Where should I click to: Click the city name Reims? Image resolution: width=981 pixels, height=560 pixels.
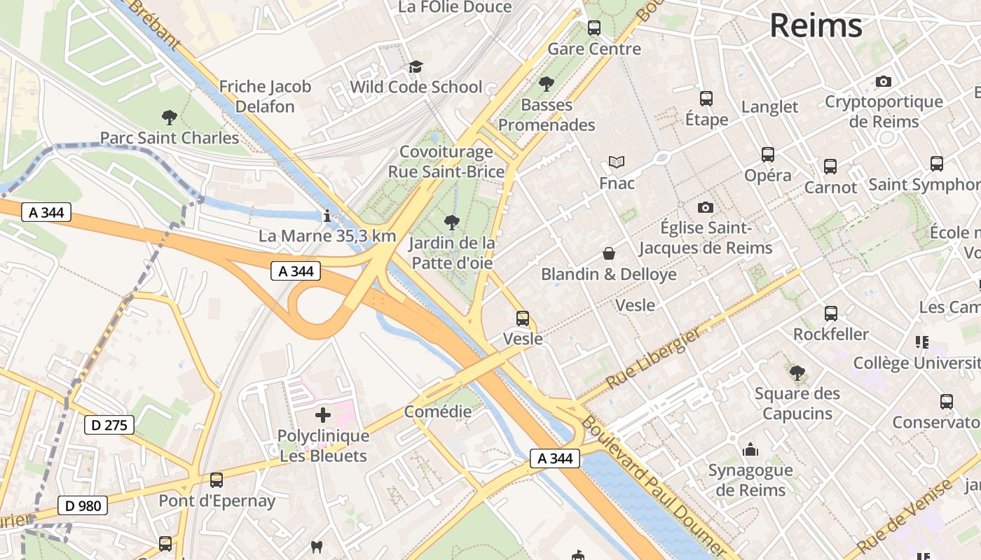[816, 25]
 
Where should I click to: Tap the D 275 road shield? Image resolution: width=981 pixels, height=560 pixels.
[109, 424]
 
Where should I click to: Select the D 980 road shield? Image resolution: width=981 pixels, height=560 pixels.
[82, 505]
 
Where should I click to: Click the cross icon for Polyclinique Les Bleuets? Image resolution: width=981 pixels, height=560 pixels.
[322, 415]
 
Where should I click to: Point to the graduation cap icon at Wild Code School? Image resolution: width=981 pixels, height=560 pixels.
[416, 66]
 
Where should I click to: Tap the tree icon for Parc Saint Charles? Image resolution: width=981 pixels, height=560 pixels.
[169, 117]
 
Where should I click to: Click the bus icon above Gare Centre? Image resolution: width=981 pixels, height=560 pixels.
[594, 28]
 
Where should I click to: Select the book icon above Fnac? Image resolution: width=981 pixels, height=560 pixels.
[617, 162]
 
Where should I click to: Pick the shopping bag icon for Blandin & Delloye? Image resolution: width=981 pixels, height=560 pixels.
[609, 253]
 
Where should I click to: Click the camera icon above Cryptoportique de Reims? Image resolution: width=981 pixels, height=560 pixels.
[884, 81]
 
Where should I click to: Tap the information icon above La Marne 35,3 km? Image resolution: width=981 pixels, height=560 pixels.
[327, 215]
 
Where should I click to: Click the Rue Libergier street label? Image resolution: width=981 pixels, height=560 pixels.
[653, 358]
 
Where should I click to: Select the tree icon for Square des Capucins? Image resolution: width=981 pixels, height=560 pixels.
[797, 372]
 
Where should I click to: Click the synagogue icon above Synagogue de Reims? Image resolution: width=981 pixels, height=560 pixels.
[750, 449]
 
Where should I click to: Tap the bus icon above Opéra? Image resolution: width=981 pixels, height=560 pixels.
[768, 155]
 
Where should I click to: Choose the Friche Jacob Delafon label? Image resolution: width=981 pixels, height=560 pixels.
[265, 97]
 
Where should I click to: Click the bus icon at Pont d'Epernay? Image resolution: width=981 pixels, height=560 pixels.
[217, 480]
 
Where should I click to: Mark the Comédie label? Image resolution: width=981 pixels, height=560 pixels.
[438, 412]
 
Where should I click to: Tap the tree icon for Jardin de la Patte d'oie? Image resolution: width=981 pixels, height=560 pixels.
[452, 223]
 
